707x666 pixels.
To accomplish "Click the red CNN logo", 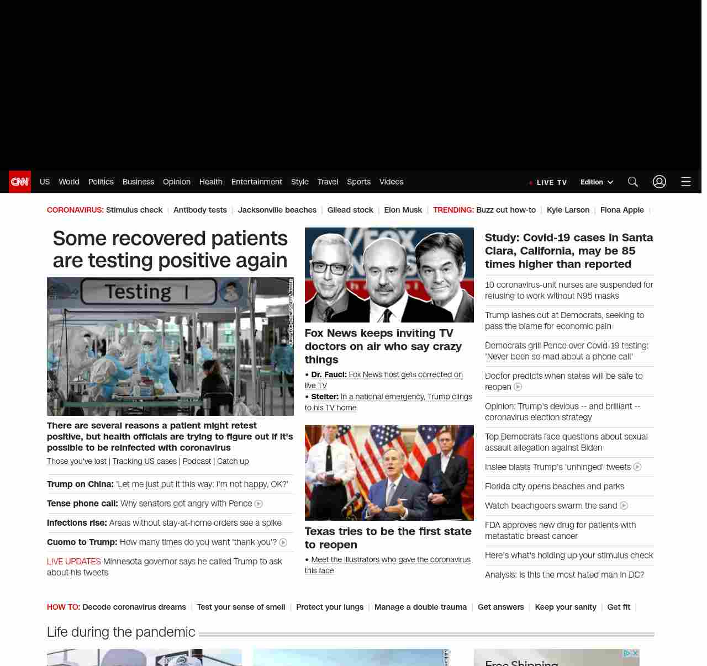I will (20, 182).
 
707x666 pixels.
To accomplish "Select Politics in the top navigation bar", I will (101, 182).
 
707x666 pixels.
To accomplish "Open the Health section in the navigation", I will (210, 182).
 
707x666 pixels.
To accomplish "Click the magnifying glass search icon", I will (633, 182).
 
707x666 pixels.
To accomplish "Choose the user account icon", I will (659, 182).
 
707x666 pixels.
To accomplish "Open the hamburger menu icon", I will (686, 182).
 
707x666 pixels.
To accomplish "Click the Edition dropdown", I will (597, 182).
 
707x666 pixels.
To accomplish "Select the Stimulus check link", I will (134, 210).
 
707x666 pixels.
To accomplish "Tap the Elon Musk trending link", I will (403, 210).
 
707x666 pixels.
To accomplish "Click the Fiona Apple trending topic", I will (622, 210).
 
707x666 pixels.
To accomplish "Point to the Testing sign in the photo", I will (139, 292).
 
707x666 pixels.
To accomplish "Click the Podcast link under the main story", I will (197, 461).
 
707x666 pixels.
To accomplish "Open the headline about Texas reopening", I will (388, 538).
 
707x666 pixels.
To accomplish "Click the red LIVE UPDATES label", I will (74, 562).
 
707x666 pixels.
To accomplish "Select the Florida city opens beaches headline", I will (555, 487).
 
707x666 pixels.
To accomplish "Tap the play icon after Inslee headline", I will (637, 467).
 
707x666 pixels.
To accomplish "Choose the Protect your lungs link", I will (330, 607).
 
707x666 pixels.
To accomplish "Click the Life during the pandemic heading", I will (121, 632).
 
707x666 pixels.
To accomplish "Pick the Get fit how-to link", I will (619, 607).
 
